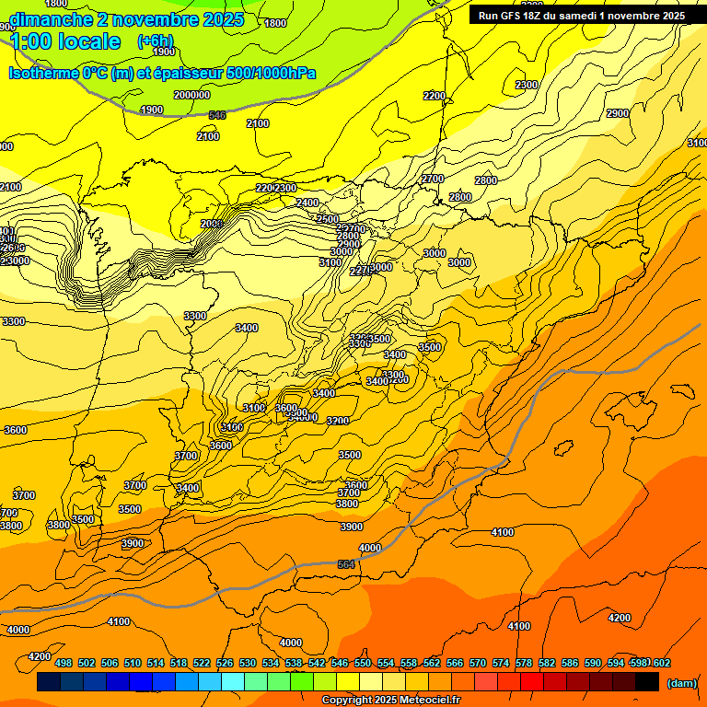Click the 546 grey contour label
(x=217, y=115)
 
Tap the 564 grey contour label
(x=346, y=564)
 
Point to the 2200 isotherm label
(x=435, y=96)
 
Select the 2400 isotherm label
(x=307, y=203)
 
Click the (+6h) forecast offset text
(x=155, y=41)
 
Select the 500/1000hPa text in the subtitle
(x=269, y=73)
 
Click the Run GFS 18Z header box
(x=581, y=16)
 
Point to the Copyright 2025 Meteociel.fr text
(x=390, y=701)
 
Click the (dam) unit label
(x=680, y=682)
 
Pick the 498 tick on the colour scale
(x=64, y=663)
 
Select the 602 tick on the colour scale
(x=662, y=663)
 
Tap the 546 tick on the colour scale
(x=340, y=663)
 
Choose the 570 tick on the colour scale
(x=478, y=663)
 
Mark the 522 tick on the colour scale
(x=202, y=663)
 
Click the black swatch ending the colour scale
(x=646, y=682)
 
